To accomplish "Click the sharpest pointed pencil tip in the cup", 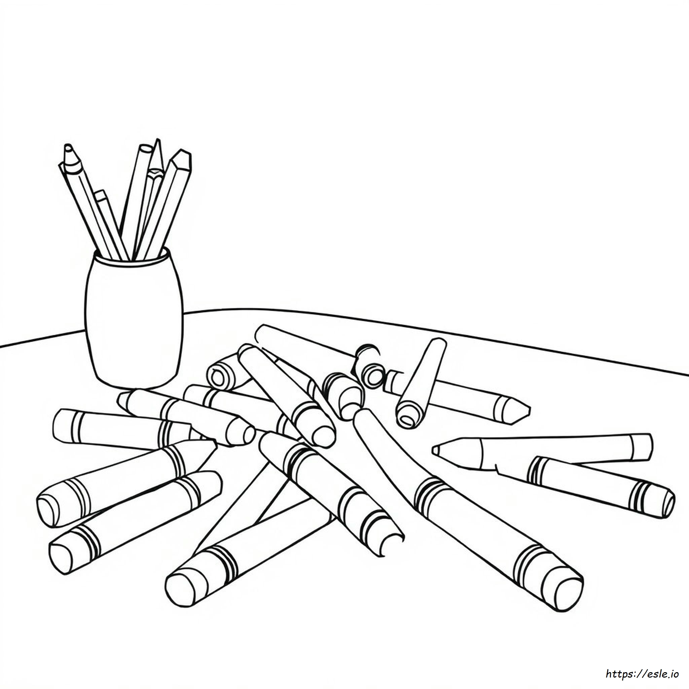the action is click(157, 141).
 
